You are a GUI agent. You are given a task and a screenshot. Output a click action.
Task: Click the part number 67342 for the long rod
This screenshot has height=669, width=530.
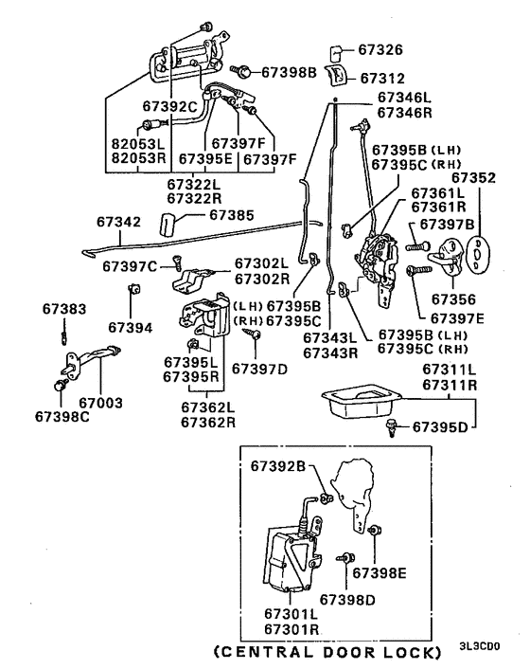pos(118,222)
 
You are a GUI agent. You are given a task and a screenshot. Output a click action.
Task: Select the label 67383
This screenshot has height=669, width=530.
pos(63,309)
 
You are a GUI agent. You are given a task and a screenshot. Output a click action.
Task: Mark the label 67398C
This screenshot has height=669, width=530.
pos(62,416)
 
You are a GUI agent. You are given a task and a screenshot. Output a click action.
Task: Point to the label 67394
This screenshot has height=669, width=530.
pos(131,327)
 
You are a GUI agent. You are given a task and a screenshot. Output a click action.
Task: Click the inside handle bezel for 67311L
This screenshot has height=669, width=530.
pos(357,399)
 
